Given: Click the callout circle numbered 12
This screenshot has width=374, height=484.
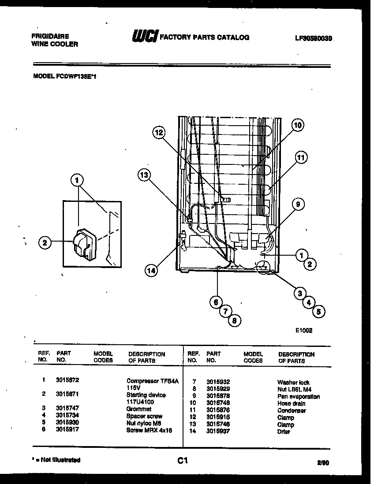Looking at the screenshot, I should pos(159,132).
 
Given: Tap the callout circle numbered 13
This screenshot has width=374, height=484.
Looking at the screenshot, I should pos(144,175).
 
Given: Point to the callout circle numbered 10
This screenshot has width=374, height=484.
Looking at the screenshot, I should pos(298,125).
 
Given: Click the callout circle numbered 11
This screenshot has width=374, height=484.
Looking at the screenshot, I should pos(301,157).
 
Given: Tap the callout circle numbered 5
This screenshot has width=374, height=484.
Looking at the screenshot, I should pos(318,312).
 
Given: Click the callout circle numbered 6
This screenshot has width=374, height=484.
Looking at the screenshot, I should pos(216,302).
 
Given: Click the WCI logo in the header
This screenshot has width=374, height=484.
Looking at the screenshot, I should pos(144,37).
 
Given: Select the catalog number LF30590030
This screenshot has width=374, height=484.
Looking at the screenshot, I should pos(314,38).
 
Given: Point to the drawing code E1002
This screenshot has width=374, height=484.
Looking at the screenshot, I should pos(304,330).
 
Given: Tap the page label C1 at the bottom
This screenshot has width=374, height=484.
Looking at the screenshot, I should pos(183,461).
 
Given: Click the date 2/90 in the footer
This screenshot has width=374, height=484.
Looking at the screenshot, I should pos(323,462).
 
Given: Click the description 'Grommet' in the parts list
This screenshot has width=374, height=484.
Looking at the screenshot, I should pos(138,409).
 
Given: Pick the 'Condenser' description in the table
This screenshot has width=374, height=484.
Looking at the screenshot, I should pos(292,410).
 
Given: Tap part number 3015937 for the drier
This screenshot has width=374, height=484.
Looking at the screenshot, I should pos(218,432).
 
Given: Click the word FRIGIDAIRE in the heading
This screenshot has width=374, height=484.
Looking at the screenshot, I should pos(50,36).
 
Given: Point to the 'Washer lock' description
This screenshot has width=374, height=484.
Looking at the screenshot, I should pos(293,382).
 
